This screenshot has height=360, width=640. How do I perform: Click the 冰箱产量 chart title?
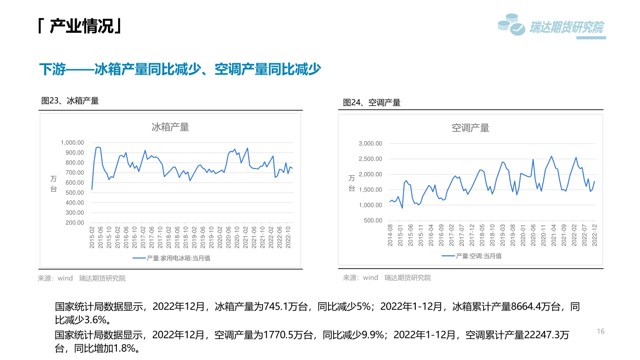170,127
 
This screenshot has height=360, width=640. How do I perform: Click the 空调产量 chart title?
470,128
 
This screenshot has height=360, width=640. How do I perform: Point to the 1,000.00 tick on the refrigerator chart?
72,143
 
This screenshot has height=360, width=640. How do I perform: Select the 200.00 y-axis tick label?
75,222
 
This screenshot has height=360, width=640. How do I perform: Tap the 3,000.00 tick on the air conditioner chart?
371,144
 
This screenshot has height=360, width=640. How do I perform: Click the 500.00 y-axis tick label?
373,220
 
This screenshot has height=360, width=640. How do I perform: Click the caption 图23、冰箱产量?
70,101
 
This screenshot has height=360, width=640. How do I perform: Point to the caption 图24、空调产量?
371,102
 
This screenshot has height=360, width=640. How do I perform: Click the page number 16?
600,331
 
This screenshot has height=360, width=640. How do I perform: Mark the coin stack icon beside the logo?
511,24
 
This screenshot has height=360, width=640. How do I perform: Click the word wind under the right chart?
371,277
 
